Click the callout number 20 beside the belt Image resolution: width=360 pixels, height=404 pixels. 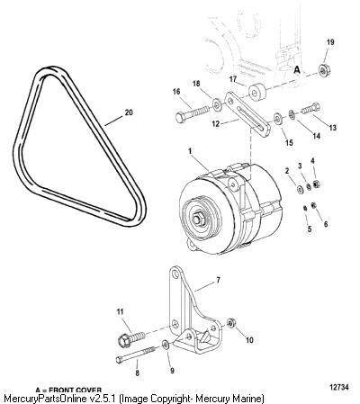[129, 112]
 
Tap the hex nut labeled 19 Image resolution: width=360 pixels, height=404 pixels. [324, 71]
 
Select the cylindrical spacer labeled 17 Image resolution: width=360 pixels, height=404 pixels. [257, 93]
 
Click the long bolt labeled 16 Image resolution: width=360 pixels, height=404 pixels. [192, 113]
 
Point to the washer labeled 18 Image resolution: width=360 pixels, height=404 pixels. [217, 104]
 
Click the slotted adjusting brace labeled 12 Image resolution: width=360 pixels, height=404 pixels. [247, 114]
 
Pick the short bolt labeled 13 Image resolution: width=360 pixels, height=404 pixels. [310, 108]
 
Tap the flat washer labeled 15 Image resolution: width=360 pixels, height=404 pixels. [277, 118]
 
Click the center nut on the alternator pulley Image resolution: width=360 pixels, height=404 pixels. [198, 220]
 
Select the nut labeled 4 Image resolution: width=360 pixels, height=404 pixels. [316, 184]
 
